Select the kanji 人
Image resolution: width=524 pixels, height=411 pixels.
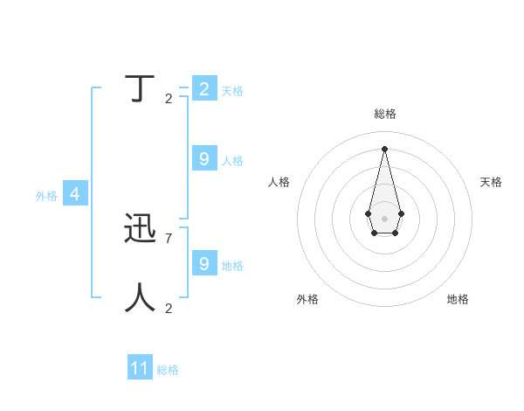141,297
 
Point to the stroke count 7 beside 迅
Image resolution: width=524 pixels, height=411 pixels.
169,238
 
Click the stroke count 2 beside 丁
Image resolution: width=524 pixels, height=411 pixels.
169,98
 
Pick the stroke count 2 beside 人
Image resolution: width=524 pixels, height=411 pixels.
169,308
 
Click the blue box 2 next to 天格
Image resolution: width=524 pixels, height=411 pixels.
204,88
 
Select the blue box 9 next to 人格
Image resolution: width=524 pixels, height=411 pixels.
204,158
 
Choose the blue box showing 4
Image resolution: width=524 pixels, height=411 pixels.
75,193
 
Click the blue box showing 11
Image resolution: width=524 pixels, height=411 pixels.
140,368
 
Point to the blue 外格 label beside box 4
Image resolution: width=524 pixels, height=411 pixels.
46,196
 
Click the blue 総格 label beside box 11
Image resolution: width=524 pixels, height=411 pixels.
168,370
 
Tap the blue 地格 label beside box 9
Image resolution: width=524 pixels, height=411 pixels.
232,265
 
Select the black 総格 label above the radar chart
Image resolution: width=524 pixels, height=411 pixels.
385,114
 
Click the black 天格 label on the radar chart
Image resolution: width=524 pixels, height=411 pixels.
491,182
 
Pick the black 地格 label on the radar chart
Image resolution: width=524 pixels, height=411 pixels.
458,299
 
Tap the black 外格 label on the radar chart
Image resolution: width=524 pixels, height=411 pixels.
307,299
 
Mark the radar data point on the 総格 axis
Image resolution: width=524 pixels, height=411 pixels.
384,148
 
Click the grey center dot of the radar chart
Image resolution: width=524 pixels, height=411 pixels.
384,218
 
